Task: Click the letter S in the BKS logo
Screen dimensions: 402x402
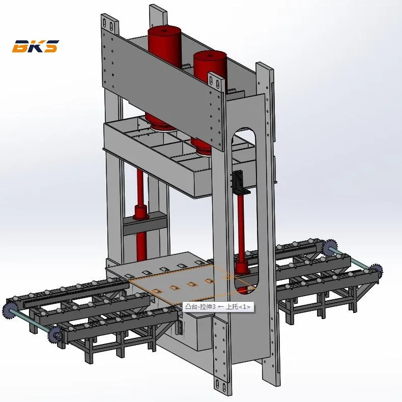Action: click(51, 46)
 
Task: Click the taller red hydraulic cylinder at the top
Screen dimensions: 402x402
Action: click(164, 46)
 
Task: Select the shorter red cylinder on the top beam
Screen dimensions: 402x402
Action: click(210, 66)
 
